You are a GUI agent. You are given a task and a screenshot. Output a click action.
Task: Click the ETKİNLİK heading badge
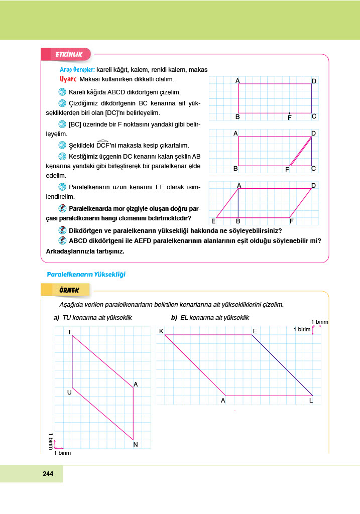(x=66, y=54)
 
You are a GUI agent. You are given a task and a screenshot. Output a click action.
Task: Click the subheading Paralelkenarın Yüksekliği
(x=85, y=274)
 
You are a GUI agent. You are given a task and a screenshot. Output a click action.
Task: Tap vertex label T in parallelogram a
(x=69, y=332)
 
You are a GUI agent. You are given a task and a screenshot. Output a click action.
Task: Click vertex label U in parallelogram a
(x=69, y=392)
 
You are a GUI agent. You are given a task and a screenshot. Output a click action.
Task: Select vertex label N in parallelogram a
(x=135, y=444)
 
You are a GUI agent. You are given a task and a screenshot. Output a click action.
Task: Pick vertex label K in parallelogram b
(x=161, y=331)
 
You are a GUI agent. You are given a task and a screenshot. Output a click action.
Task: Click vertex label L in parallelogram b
(x=311, y=401)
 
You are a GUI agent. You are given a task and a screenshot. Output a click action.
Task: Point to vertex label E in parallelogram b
(x=255, y=331)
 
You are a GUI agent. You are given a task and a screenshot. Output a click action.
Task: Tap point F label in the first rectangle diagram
(x=289, y=118)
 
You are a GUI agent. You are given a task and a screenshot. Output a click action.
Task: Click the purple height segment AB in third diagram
(x=238, y=203)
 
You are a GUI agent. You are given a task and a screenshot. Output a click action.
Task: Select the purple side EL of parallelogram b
(x=282, y=365)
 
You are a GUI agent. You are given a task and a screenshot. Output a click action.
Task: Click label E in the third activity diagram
(x=213, y=221)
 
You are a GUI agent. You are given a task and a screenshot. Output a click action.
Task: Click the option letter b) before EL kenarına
(x=174, y=318)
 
